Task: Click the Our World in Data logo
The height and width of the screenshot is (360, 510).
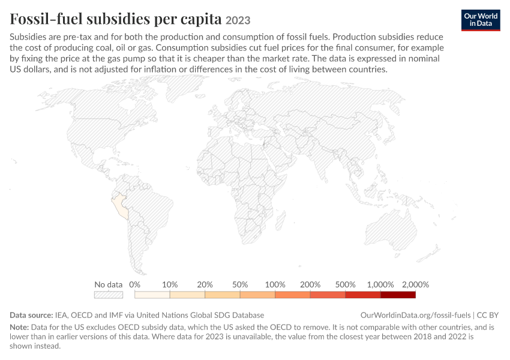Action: [x=481, y=20]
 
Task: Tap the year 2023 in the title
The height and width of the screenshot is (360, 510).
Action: [x=238, y=20]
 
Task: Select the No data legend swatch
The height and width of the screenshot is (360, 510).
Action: [x=109, y=295]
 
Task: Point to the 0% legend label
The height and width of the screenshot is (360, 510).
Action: [x=134, y=285]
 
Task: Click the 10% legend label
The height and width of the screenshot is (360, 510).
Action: [x=170, y=285]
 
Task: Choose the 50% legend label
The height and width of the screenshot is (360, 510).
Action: [x=240, y=285]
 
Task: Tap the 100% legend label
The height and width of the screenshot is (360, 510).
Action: [x=275, y=285]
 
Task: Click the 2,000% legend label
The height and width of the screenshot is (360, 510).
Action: [x=415, y=285]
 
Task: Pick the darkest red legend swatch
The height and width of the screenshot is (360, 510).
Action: [x=398, y=295]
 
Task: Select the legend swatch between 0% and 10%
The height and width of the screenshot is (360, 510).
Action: [x=152, y=295]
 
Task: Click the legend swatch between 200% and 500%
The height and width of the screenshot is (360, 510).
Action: [x=328, y=295]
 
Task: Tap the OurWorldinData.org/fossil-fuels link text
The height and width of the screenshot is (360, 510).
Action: [x=415, y=315]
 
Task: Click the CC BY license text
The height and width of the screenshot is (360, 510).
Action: [x=488, y=315]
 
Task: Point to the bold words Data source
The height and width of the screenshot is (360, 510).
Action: [x=31, y=315]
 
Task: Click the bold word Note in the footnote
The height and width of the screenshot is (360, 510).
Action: [x=19, y=327]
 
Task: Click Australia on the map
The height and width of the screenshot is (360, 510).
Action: [x=391, y=230]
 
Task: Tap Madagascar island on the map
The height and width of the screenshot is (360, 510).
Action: [x=281, y=220]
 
